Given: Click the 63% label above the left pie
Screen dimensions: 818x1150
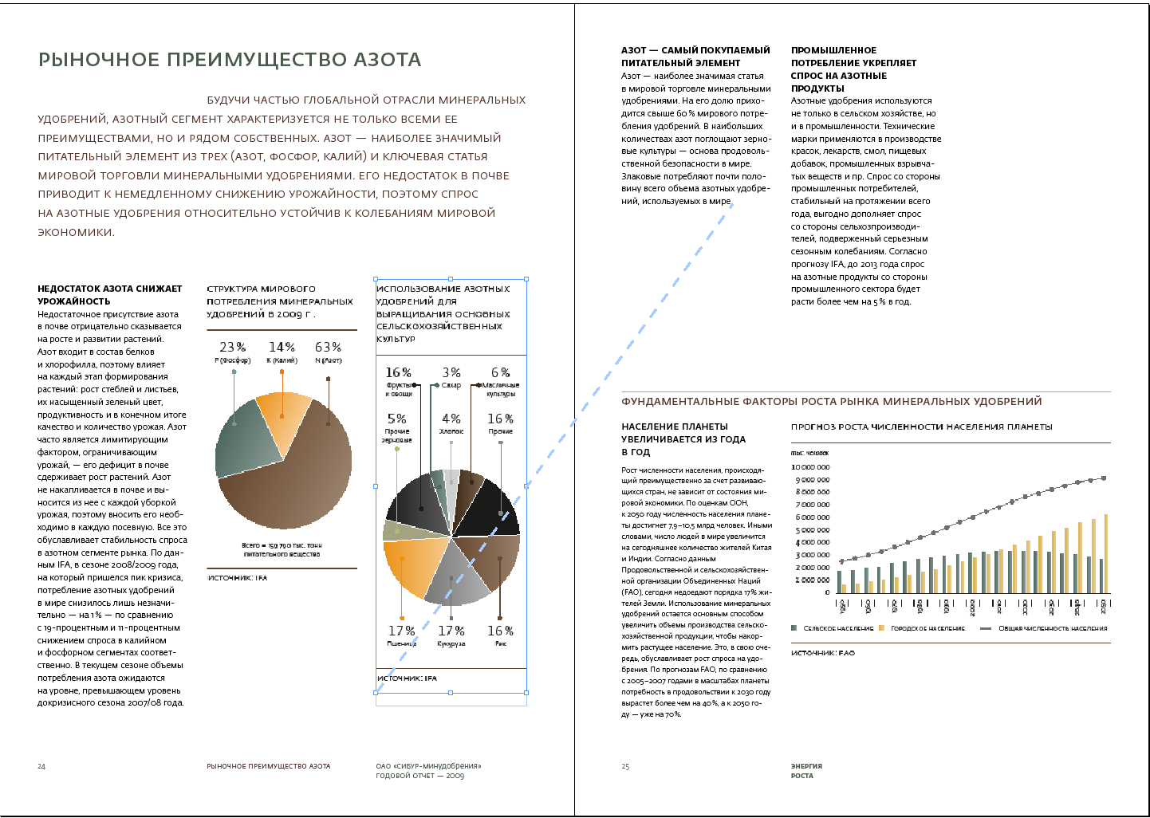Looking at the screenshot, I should tap(328, 347).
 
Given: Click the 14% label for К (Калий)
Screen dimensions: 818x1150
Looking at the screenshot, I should tap(282, 347).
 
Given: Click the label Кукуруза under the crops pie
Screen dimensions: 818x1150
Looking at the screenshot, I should tap(451, 643).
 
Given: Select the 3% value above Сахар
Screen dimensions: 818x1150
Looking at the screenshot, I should tap(451, 372).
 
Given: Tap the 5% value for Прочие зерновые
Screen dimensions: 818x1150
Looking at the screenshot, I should tap(396, 419).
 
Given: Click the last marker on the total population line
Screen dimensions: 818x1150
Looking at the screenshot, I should tap(1104, 478).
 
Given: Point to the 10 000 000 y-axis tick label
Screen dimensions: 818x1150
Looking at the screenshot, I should tap(810, 467).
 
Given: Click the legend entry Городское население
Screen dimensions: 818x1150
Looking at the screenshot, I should tap(927, 628).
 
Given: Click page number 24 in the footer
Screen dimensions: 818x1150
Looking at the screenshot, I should tap(41, 766).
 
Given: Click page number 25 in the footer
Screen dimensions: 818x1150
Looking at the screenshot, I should tap(625, 766).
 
